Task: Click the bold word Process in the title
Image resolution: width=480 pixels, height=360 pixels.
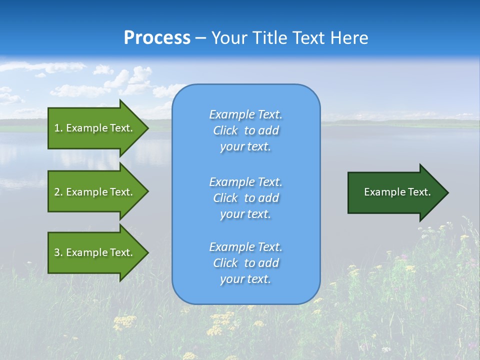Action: [157, 38]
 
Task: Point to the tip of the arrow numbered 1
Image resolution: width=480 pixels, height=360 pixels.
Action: [147, 128]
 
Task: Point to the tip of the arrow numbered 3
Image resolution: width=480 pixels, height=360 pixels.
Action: [147, 252]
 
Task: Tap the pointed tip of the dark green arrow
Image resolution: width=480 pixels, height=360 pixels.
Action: [447, 192]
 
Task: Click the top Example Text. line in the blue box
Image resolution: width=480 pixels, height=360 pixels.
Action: [245, 114]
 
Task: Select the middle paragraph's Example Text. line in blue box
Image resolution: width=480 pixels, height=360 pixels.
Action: [245, 181]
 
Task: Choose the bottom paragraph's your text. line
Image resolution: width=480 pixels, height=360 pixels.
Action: [245, 279]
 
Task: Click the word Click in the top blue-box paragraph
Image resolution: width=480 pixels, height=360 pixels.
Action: [225, 130]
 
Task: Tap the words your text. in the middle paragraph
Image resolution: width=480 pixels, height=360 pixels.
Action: [245, 214]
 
